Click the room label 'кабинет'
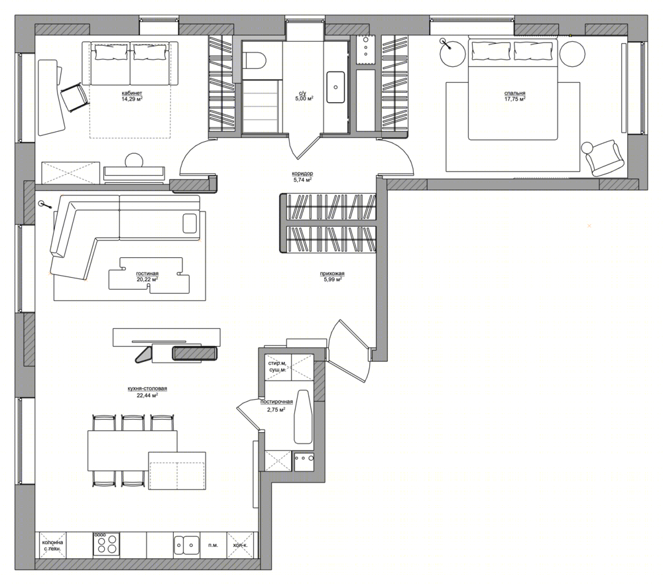tap(131, 93)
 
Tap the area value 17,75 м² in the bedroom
tap(514, 99)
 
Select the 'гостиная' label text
tap(147, 274)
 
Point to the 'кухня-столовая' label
tap(147, 388)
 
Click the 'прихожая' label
tap(332, 274)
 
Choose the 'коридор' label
tap(302, 174)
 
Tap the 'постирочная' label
tap(276, 402)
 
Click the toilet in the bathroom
tap(255, 60)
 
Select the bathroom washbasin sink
tap(335, 87)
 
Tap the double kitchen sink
tap(186, 544)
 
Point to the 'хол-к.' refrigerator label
tap(240, 545)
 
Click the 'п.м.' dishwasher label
tap(213, 545)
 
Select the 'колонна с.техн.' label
tap(52, 546)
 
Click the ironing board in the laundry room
tap(303, 416)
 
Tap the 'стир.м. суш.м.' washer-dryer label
tap(278, 366)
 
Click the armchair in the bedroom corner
tap(603, 157)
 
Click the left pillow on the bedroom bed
tap(491, 50)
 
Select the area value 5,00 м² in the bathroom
tap(304, 99)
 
